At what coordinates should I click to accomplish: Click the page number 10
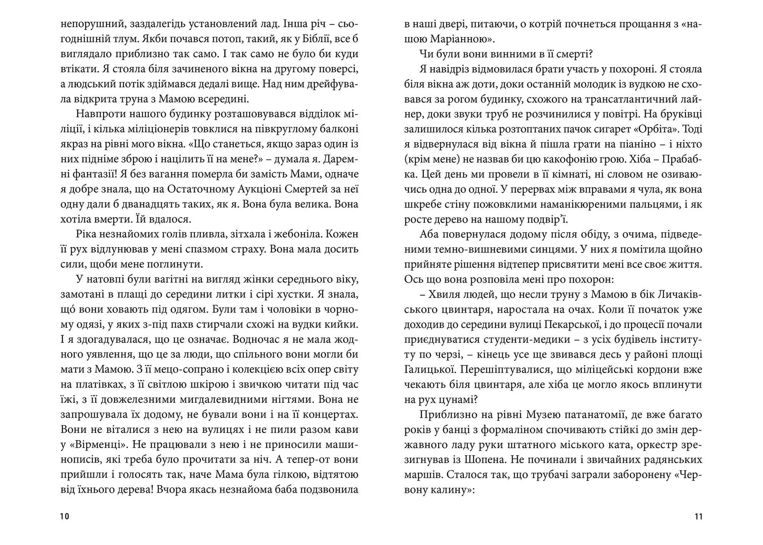65,516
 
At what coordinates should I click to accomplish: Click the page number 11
698,516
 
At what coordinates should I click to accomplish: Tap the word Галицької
429,369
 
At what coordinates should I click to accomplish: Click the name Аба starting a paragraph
429,234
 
